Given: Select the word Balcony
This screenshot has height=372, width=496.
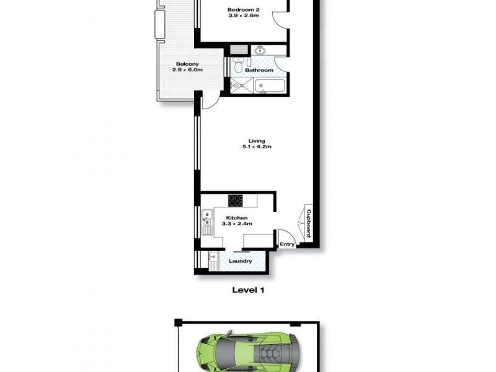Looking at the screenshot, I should point(187,64).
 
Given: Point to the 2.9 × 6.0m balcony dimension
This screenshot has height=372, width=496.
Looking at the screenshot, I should point(187,70).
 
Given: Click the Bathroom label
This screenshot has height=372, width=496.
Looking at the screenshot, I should point(259,70).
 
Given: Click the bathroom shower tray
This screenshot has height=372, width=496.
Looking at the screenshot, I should point(239,86).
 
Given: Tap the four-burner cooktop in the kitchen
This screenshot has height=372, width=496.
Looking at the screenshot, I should point(236,200).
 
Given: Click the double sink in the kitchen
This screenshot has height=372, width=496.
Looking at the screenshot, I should point(206,223).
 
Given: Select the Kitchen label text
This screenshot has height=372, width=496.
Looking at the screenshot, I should point(236,218).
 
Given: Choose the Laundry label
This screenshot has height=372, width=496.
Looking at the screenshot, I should point(240,261).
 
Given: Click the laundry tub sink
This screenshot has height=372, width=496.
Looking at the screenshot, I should point(213,259).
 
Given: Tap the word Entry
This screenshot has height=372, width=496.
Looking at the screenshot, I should point(287,244).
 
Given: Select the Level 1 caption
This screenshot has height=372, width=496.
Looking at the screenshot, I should point(248,289).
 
